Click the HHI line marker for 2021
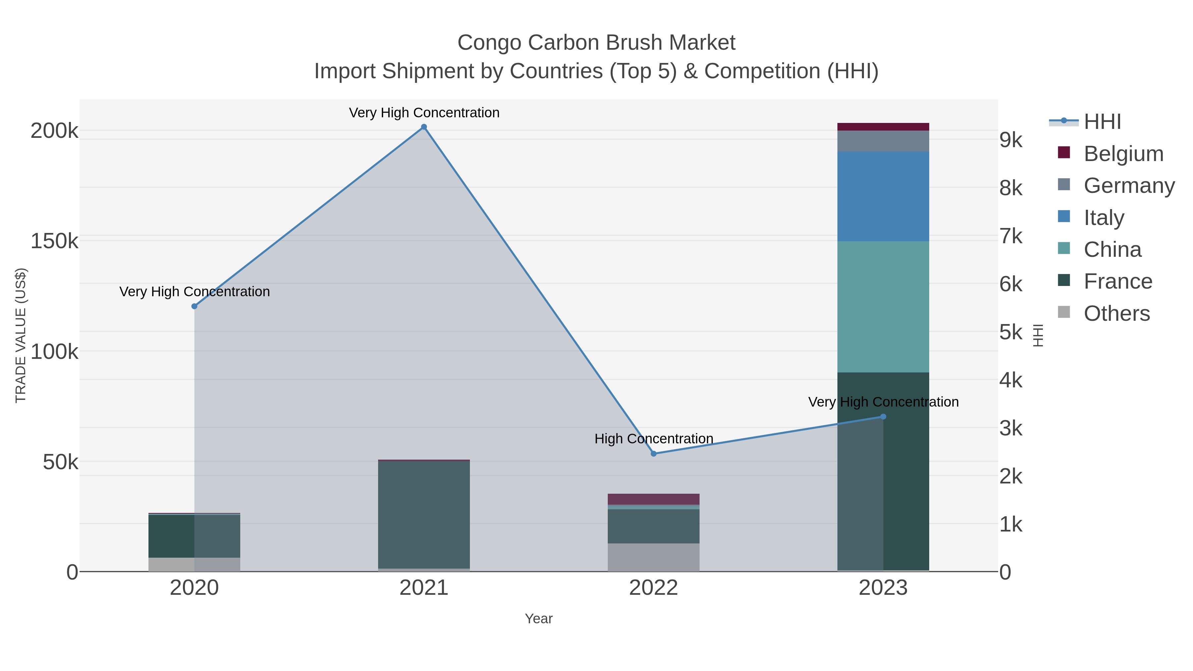424,127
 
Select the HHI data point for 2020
195,306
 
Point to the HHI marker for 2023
883,417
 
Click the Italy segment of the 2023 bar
883,196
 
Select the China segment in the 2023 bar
883,307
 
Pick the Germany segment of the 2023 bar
883,141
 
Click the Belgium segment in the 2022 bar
653,499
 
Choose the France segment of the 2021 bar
424,514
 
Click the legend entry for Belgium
1123,154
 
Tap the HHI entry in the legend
1102,122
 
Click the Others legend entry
1116,313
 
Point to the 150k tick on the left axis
54,241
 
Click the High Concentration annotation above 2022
653,438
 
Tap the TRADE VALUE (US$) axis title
21,335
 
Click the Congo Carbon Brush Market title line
596,43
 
